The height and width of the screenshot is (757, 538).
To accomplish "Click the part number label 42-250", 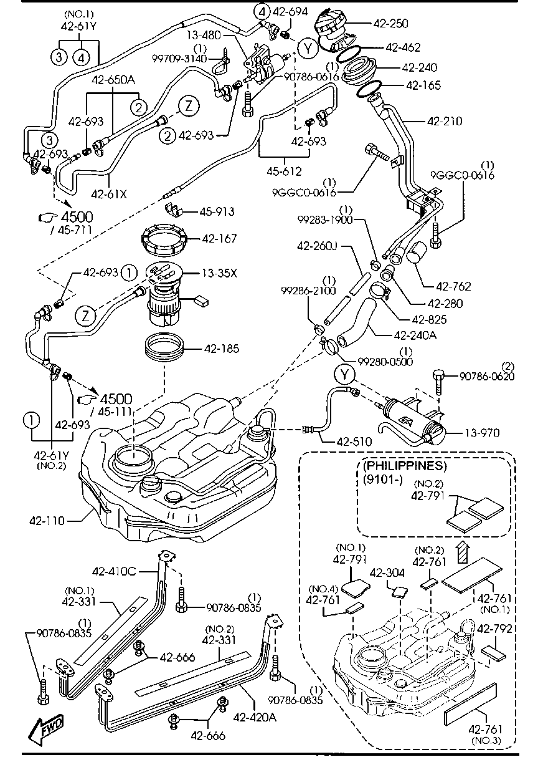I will [390, 24].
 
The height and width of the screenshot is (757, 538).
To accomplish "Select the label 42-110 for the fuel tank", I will [47, 519].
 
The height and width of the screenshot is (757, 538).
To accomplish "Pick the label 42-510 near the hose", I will [354, 441].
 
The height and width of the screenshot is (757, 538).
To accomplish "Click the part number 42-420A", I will [254, 718].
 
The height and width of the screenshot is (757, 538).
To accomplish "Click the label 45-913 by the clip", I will [217, 212].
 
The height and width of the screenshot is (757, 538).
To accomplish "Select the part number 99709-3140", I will [181, 58].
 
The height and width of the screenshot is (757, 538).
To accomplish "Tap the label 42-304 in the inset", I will [387, 572].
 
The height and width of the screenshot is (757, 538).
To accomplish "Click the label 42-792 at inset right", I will [494, 629].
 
